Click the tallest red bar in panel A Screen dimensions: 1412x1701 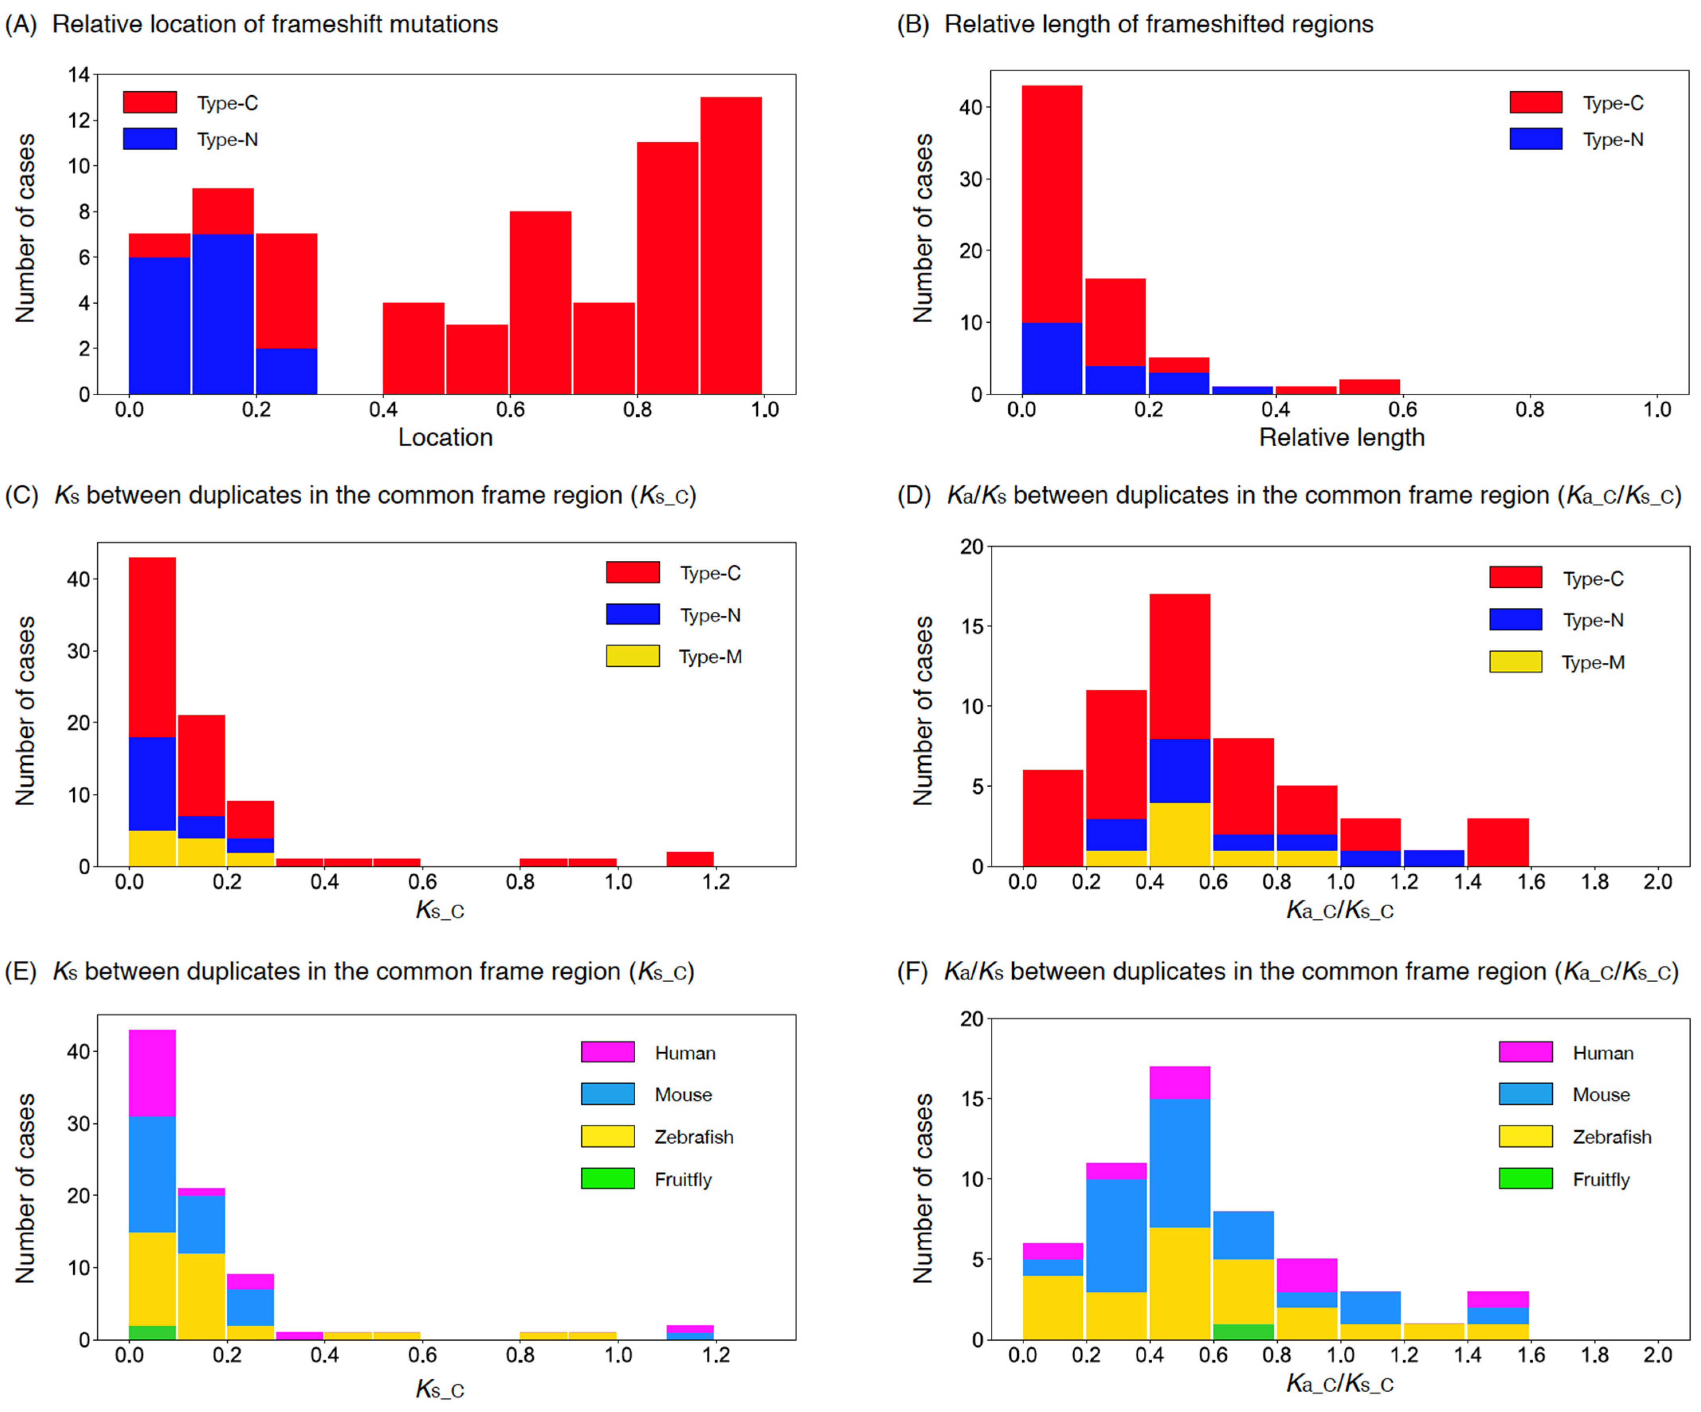731,243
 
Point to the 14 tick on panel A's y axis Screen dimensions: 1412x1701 79,75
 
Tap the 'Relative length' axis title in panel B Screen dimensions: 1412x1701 1342,438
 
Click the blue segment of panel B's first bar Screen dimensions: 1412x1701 1051,358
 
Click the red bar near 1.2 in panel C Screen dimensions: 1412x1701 690,859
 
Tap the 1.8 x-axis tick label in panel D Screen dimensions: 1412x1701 1594,882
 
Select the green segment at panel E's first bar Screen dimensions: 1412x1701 152,1333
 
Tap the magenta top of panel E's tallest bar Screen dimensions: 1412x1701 152,1073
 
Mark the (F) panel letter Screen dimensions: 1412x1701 912,971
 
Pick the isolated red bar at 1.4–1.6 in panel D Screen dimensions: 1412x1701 1498,842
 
